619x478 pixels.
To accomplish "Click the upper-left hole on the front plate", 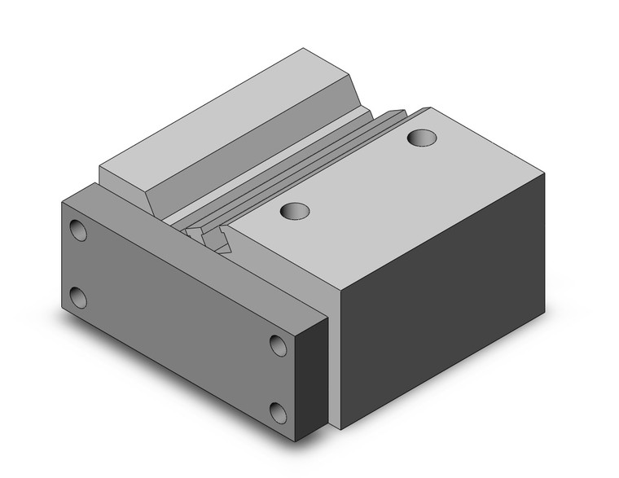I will click(78, 230).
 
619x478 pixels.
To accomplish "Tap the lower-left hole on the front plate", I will click(78, 297).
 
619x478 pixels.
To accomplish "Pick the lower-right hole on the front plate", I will click(279, 413).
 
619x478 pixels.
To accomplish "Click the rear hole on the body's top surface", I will click(422, 138).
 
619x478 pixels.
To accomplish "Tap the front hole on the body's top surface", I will click(296, 211).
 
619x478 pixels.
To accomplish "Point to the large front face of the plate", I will click(175, 318).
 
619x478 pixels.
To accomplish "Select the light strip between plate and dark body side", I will click(334, 358).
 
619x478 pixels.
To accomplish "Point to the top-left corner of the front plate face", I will click(63, 201).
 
